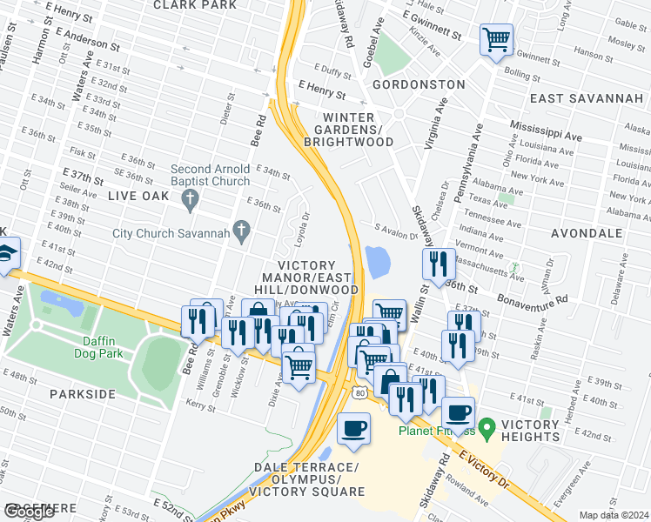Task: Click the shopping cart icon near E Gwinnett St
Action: coord(496,38)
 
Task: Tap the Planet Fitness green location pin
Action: coord(487,426)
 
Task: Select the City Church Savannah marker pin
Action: coord(245,231)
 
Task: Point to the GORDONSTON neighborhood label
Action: coord(419,84)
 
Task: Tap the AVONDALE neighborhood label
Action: coord(587,233)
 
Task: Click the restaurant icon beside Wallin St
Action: coord(438,262)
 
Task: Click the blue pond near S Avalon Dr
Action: coord(379,261)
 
